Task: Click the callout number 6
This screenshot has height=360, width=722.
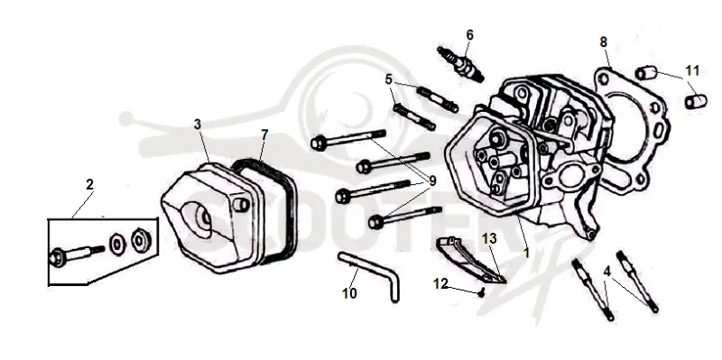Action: click(469, 35)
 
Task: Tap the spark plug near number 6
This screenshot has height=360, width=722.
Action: click(460, 65)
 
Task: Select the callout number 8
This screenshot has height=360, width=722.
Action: click(604, 42)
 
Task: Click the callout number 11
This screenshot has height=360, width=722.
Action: click(692, 71)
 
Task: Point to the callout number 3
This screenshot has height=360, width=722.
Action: click(198, 125)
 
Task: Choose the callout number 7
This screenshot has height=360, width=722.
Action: click(264, 134)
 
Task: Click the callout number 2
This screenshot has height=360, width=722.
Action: click(89, 185)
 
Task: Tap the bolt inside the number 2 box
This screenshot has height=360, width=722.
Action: click(77, 254)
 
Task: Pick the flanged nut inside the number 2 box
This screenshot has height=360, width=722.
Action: click(141, 240)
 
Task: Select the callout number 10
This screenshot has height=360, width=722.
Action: click(349, 293)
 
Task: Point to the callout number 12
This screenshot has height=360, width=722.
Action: click(440, 284)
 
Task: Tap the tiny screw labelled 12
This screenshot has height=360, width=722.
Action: click(482, 291)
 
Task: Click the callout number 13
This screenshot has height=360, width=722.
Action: click(489, 238)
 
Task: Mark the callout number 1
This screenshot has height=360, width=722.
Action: click(526, 253)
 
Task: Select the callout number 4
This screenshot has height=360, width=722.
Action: click(606, 272)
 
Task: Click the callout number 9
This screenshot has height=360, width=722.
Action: click(432, 181)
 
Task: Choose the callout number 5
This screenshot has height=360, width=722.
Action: click(389, 79)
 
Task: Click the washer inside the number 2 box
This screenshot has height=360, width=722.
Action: click(117, 244)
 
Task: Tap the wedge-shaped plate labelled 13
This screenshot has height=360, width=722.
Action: click(469, 259)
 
